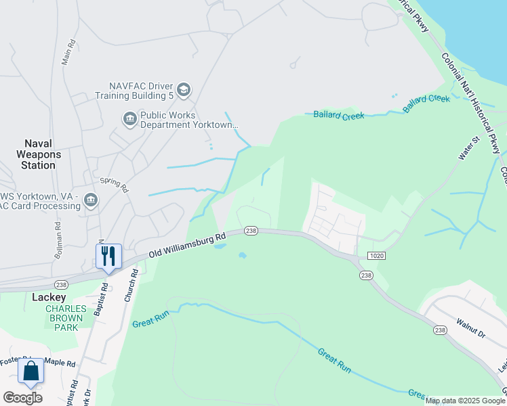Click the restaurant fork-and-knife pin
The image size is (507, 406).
(108, 256)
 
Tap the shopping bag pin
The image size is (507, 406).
(31, 371)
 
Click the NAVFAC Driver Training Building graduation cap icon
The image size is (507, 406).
(184, 90)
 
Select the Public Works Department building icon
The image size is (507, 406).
(129, 120)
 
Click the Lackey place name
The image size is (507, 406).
(49, 297)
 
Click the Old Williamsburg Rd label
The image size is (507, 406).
(188, 246)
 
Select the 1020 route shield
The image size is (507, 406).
(377, 256)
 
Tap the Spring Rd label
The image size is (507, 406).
(114, 185)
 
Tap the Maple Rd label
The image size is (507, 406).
(62, 363)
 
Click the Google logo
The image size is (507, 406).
(22, 398)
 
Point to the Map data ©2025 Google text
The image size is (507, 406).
(466, 401)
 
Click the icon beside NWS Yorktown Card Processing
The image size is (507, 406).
(91, 200)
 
